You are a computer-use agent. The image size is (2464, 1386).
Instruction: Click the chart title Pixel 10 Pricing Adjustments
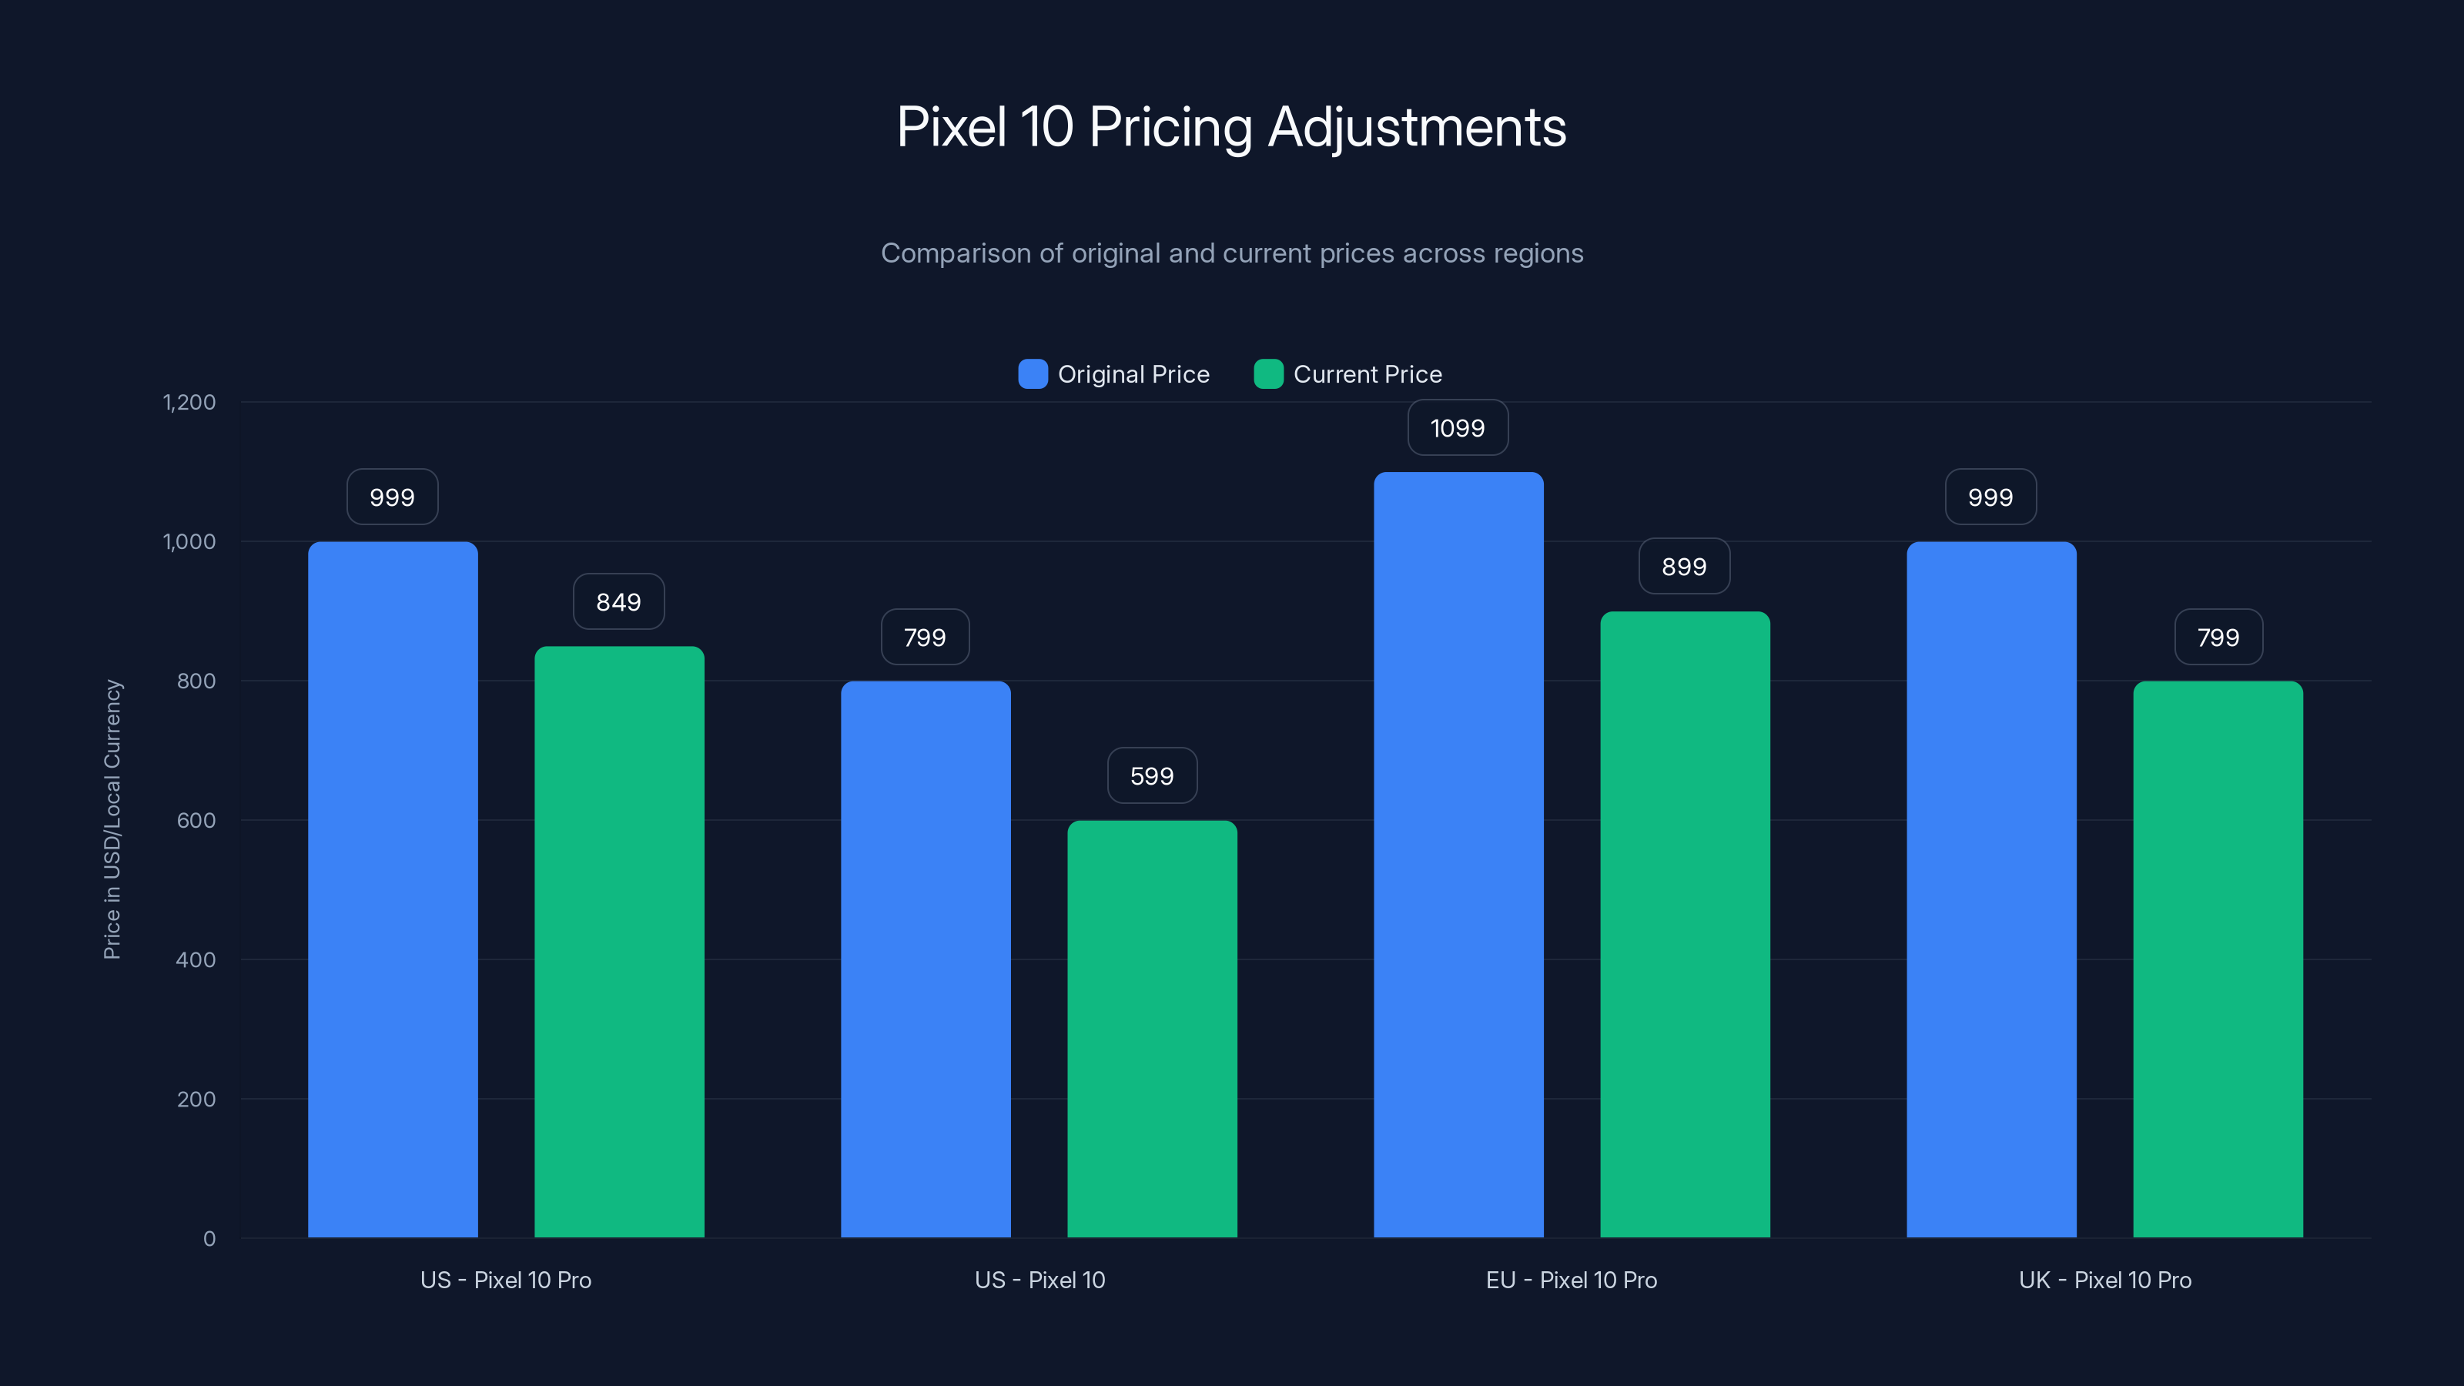pyautogui.click(x=1231, y=126)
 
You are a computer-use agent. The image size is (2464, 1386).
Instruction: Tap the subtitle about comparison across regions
pyautogui.click(x=1231, y=253)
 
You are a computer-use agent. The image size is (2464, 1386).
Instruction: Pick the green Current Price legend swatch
pyautogui.click(x=1268, y=374)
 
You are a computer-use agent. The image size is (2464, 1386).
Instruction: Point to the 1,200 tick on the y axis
pyautogui.click(x=189, y=403)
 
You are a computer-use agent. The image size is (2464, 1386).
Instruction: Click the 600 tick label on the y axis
pyautogui.click(x=196, y=821)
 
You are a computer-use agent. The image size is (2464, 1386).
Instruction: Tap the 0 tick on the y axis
pyautogui.click(x=209, y=1239)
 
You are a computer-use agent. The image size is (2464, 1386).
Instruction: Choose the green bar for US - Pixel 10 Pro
pyautogui.click(x=619, y=942)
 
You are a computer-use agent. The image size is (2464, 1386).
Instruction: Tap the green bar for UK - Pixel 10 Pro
pyautogui.click(x=2218, y=959)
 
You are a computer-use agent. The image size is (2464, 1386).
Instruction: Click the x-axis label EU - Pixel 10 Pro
pyautogui.click(x=1572, y=1281)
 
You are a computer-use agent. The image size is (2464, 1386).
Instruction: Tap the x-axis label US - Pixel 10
pyautogui.click(x=1039, y=1281)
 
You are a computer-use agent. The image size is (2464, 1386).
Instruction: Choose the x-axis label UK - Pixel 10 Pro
pyautogui.click(x=2104, y=1281)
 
